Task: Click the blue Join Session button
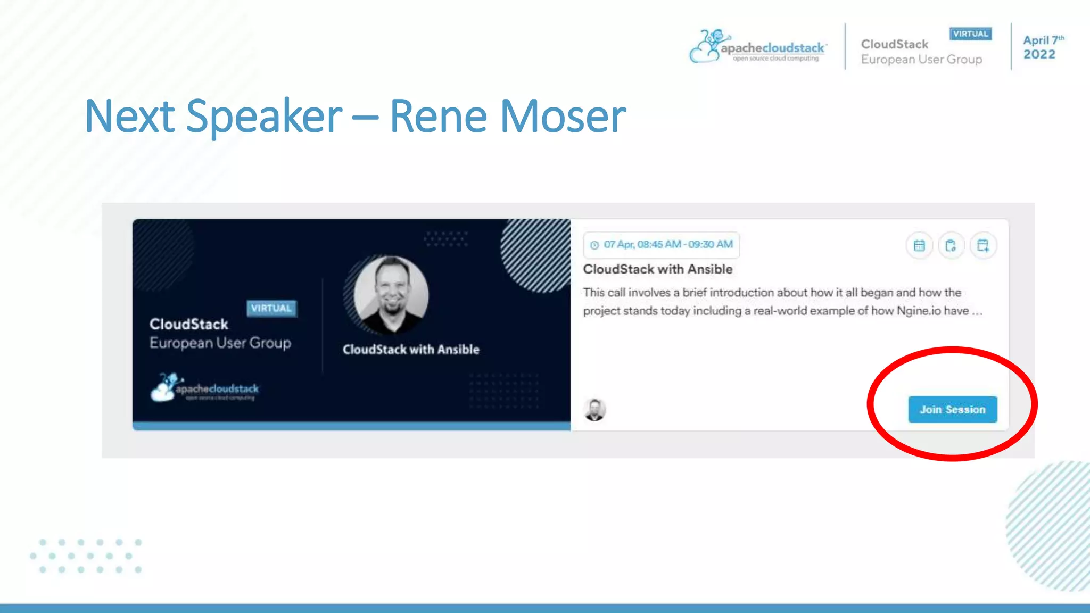tap(952, 409)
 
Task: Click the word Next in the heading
tap(130, 116)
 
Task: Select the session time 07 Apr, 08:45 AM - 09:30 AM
tap(668, 244)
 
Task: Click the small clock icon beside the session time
tap(594, 245)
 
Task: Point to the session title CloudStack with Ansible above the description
tap(657, 269)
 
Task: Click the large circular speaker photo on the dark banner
tap(391, 294)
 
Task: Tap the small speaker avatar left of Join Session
tap(594, 410)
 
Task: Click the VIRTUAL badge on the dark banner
tap(271, 308)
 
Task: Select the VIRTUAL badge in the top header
tap(970, 34)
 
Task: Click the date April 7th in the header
tap(1043, 40)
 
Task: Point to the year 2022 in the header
tap(1039, 54)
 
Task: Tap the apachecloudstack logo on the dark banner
tap(205, 388)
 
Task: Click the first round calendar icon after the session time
tap(919, 245)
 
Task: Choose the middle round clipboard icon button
tap(951, 245)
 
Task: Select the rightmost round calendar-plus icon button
tap(982, 245)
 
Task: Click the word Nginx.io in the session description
tap(919, 311)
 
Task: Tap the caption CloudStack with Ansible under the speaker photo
tap(411, 350)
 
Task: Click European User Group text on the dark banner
tap(220, 343)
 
